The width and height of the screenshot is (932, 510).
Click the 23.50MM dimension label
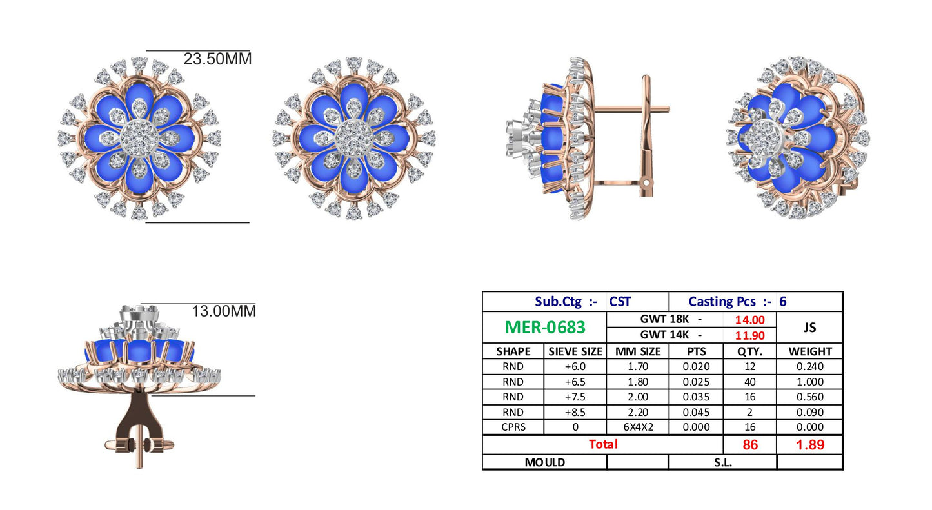point(217,59)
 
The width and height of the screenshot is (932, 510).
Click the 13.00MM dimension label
point(224,311)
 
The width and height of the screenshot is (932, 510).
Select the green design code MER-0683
point(545,328)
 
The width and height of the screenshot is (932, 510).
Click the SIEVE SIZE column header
point(575,351)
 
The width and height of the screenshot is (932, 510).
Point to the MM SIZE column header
point(637,351)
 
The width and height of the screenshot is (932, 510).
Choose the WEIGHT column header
point(810,351)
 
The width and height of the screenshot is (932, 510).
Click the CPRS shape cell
point(513,427)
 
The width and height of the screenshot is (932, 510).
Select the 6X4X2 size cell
point(637,427)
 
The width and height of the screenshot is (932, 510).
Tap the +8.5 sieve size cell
point(575,412)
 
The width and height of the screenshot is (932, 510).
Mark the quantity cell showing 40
point(750,382)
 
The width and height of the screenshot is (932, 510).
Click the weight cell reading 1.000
point(810,382)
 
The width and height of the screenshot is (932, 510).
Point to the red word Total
point(602,444)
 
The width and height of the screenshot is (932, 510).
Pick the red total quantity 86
point(750,444)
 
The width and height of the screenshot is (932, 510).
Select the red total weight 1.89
point(810,444)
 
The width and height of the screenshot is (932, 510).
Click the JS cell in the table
point(810,328)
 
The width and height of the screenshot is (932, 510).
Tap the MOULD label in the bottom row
point(545,462)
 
